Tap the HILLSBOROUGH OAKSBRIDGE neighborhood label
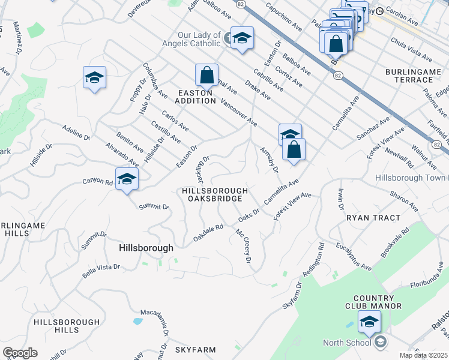(x=212, y=194)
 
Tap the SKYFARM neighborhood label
(x=194, y=349)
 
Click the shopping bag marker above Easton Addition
(x=206, y=76)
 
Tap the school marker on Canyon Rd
(x=127, y=179)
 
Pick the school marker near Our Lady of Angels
(x=241, y=38)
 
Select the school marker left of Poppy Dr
(x=94, y=77)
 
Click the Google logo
(x=20, y=353)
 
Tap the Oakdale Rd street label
(x=208, y=233)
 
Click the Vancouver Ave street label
(x=239, y=113)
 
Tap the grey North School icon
(x=380, y=343)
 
